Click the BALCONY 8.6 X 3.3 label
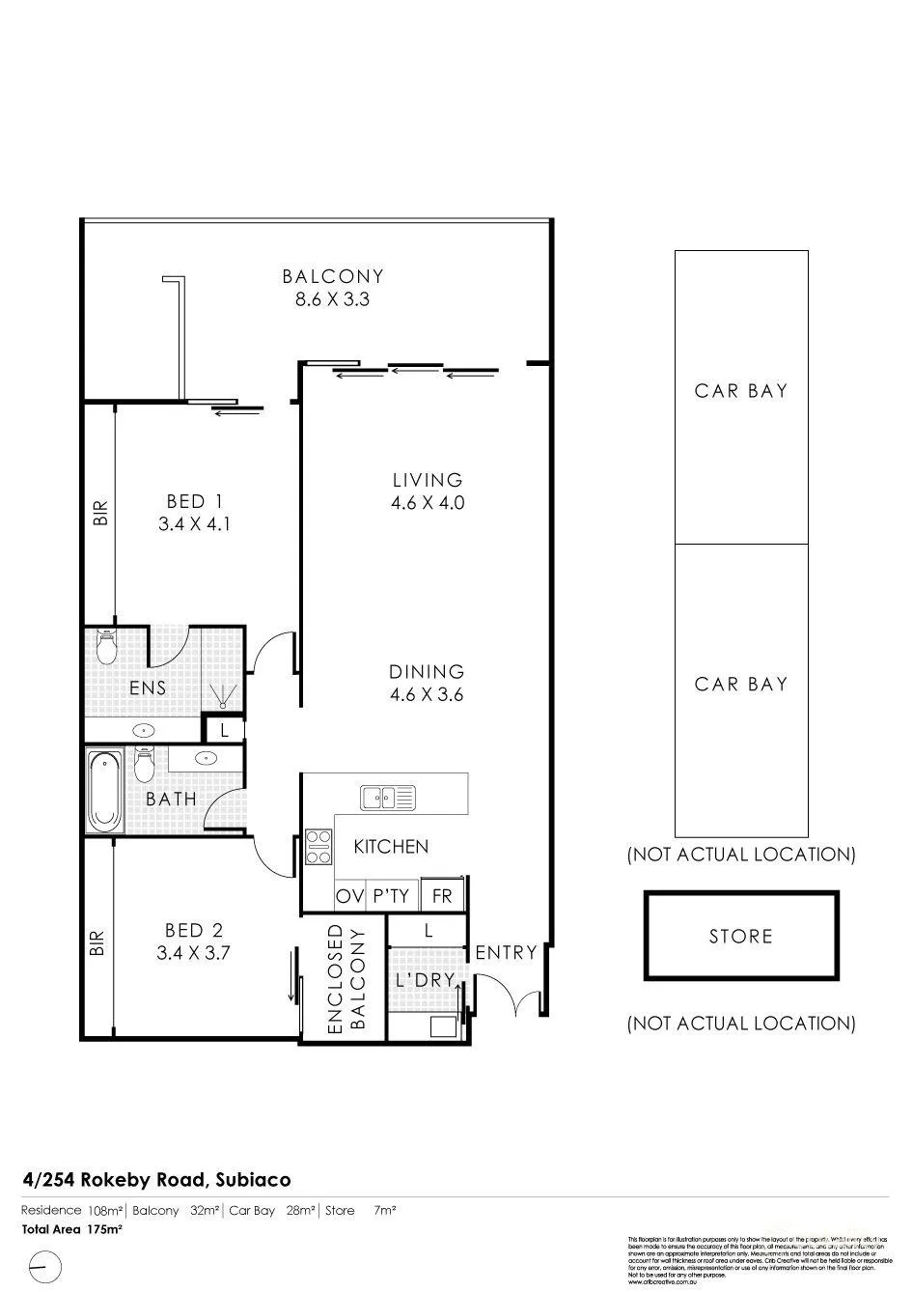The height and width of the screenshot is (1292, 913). (333, 288)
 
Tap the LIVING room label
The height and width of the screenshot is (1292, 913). (428, 491)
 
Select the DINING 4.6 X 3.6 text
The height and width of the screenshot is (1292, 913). (428, 683)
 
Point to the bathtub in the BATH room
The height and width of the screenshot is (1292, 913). (104, 791)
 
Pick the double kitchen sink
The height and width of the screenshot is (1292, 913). (388, 799)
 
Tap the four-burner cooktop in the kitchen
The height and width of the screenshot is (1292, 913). (318, 847)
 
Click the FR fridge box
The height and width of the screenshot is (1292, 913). (442, 896)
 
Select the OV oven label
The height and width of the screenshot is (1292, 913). (348, 896)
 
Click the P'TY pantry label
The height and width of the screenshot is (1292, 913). (391, 896)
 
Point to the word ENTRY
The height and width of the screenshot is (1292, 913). (506, 953)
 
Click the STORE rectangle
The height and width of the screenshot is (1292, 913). (741, 936)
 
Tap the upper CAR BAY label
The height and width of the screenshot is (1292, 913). (741, 391)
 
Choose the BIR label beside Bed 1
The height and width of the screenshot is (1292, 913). (99, 512)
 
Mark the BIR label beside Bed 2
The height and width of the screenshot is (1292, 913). (97, 942)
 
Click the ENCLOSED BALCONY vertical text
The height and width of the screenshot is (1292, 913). (346, 980)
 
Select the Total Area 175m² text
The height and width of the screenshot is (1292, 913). (72, 1229)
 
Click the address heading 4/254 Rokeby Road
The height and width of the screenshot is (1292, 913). (156, 1179)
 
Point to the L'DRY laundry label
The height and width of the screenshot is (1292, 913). (426, 979)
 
